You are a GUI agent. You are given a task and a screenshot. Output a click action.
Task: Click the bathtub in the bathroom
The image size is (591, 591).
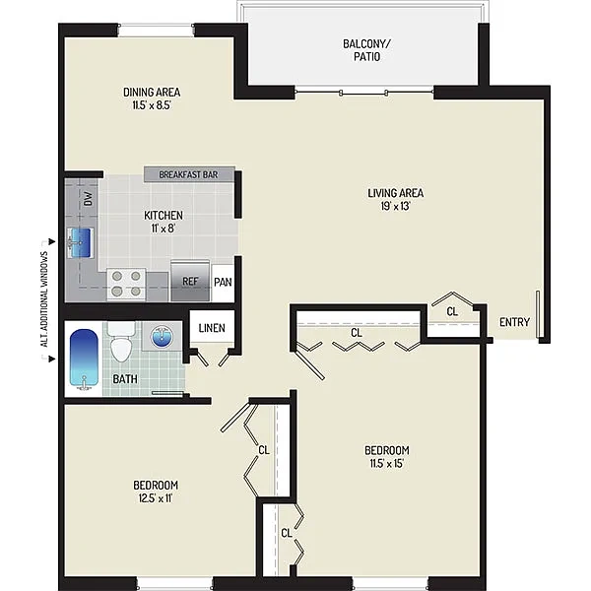pos(84,359)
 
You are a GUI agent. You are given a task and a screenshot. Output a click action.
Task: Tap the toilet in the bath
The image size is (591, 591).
pos(120,342)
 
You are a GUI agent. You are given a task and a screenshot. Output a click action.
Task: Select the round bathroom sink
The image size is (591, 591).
pos(162,337)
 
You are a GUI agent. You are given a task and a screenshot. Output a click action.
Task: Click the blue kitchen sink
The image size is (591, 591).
pos(79,243)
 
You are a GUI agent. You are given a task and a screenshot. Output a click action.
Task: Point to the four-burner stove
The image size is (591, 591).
pos(126,284)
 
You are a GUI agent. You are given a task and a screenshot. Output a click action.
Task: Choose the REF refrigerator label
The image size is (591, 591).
pos(190,281)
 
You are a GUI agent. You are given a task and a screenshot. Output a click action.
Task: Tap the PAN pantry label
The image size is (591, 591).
pos(223,282)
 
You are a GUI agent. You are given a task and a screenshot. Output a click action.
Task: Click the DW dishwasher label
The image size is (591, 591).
pos(88,199)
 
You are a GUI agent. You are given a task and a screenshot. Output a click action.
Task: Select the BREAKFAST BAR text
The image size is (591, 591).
pos(188,175)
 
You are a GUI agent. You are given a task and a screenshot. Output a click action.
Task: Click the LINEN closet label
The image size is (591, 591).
pos(212,328)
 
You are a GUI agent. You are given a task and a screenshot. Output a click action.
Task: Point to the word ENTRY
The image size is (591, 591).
pos(514,322)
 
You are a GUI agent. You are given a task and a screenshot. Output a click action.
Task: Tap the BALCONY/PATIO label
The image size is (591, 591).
pos(366,50)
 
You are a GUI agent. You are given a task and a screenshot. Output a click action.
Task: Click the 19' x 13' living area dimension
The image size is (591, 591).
pos(395,206)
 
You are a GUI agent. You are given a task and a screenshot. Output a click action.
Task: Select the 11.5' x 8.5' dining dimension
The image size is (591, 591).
pos(152,105)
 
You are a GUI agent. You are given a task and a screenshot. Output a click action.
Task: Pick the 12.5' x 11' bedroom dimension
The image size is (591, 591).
pos(156,498)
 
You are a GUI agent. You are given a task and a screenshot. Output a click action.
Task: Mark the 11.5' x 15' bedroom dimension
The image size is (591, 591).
pos(387,463)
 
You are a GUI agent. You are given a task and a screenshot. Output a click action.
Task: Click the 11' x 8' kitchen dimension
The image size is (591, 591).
pos(164,229)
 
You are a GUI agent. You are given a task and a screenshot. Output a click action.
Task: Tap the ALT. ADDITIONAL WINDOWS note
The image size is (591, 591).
pos(45,299)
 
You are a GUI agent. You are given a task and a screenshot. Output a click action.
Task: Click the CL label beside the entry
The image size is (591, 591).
pos(452,311)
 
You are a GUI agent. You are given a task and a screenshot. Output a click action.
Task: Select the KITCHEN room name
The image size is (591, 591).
pos(164,215)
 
